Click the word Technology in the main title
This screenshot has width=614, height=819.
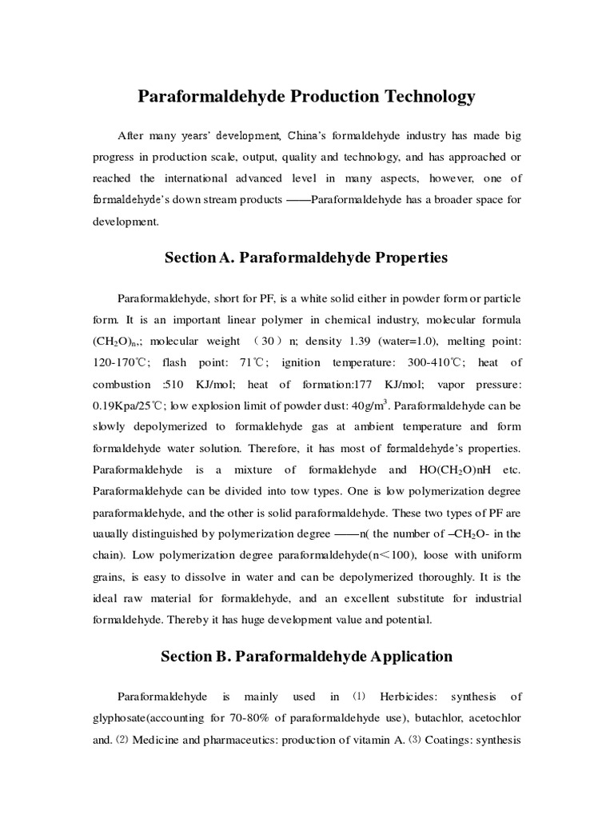tap(425, 97)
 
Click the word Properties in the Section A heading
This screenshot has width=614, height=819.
tap(402, 258)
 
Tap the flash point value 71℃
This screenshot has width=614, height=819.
tap(257, 361)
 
